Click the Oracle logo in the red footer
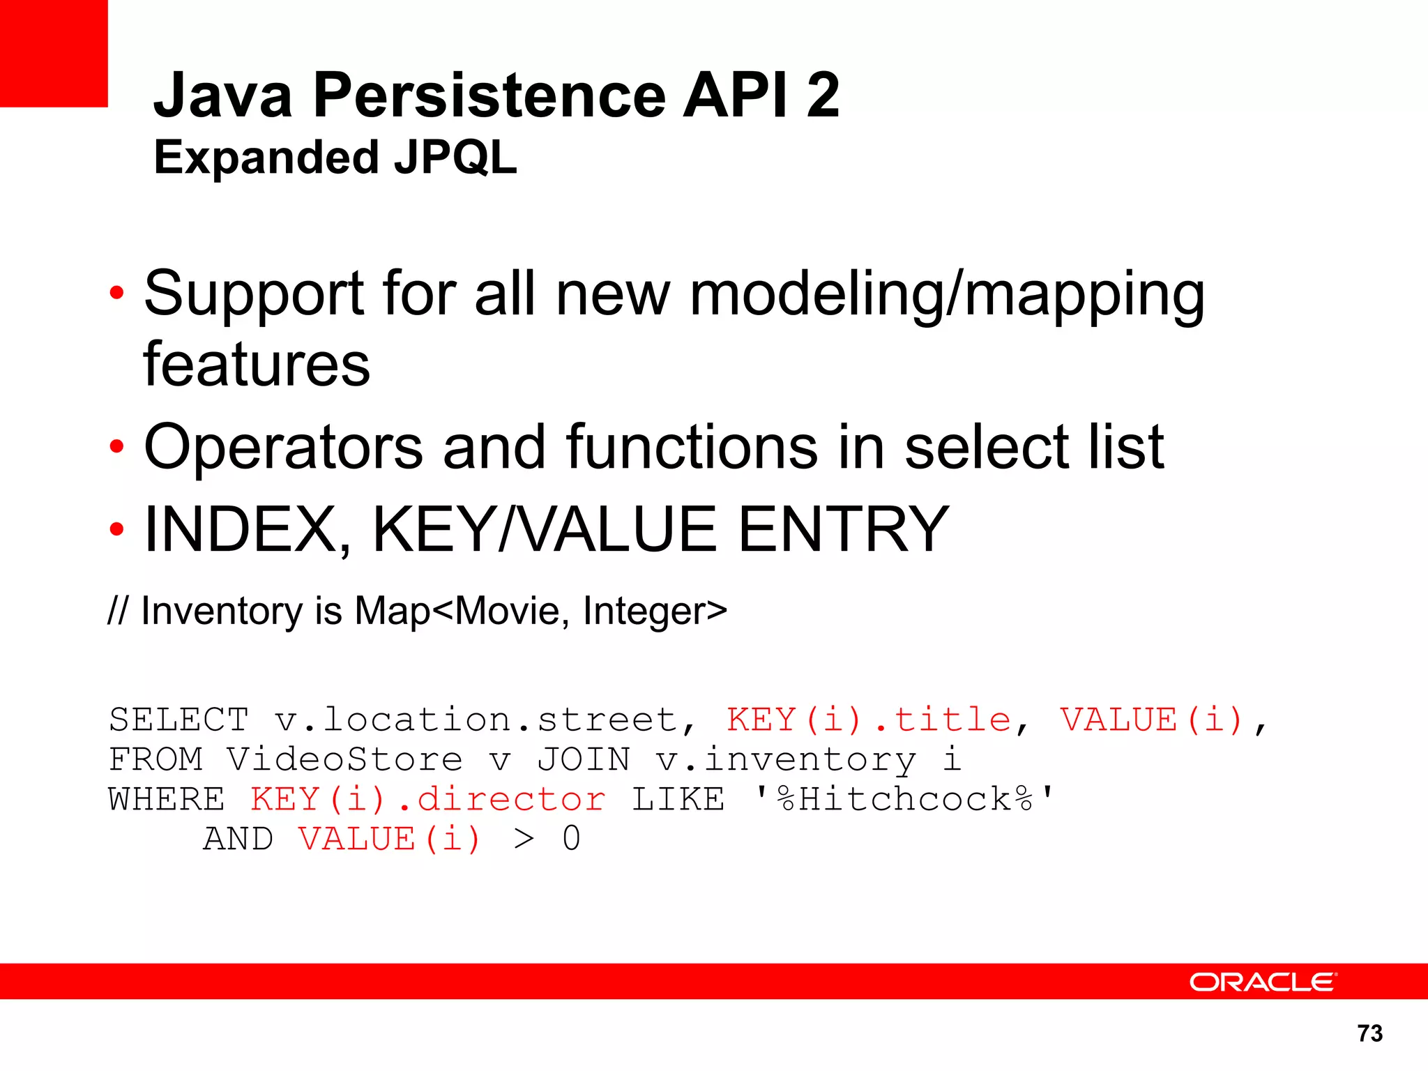[1262, 982]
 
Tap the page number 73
[1369, 1033]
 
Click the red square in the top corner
[53, 53]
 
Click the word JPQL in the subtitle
[455, 158]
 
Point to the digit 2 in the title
[823, 96]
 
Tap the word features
[257, 365]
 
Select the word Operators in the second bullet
[283, 448]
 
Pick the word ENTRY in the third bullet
[843, 530]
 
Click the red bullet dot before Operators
[116, 446]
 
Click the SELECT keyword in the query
[178, 720]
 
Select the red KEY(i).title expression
[868, 720]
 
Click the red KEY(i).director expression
[427, 799]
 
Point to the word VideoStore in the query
[344, 759]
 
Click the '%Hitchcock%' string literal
[904, 799]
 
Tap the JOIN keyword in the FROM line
[583, 759]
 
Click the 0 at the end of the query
[571, 839]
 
